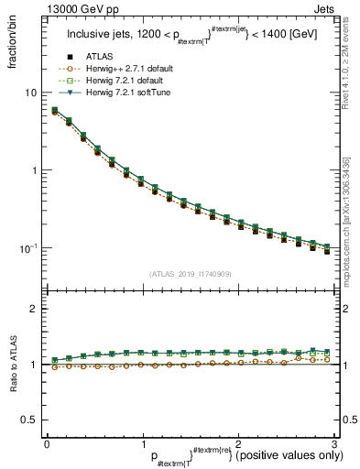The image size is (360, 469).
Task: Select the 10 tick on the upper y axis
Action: click(31, 93)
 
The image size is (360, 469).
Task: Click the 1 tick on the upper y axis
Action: click(34, 170)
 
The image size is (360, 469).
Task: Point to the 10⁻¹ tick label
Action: click(29, 248)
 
